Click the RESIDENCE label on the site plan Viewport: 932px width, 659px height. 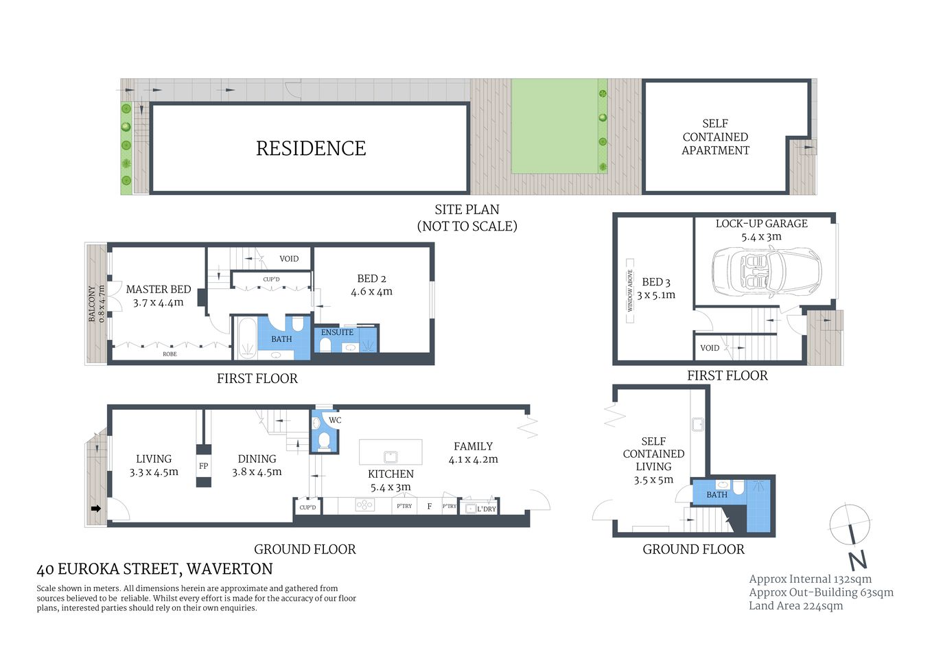tap(311, 148)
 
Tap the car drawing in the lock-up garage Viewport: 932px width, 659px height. tap(766, 272)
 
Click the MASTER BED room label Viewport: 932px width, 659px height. tap(159, 290)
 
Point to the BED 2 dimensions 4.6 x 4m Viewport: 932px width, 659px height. tap(371, 292)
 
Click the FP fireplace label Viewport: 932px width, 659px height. tap(203, 466)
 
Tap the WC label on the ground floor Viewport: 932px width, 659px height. tap(335, 420)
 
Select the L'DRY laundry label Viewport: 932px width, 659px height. tap(486, 509)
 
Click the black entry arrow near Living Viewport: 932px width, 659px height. tap(96, 509)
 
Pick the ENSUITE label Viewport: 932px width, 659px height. tap(337, 332)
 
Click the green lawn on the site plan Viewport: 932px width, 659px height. tap(554, 126)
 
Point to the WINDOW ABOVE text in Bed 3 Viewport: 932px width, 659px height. tap(630, 290)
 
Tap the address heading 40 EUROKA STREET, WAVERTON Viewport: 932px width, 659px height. tap(154, 569)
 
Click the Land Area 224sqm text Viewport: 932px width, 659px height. tap(795, 605)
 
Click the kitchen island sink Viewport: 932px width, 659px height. tap(390, 456)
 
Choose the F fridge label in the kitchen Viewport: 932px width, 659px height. tap(430, 507)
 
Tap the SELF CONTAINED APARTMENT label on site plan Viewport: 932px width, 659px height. tap(715, 137)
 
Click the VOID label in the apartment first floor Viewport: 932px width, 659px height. tap(710, 348)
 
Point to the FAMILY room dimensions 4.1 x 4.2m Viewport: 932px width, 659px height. tap(473, 460)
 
